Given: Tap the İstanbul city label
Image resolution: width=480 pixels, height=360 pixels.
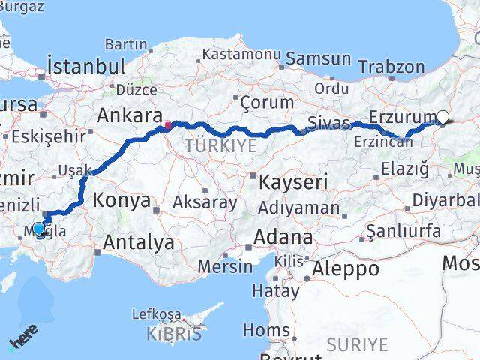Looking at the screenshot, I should (x=85, y=66).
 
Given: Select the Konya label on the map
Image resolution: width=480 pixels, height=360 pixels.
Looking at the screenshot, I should (x=121, y=200).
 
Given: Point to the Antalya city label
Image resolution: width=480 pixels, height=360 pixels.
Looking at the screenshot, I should (x=139, y=242).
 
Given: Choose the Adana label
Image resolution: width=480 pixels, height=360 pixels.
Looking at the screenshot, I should (x=283, y=237).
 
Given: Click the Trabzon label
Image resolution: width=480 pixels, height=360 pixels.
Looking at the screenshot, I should (x=391, y=67).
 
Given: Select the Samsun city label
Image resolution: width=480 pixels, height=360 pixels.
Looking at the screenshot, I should (x=319, y=58).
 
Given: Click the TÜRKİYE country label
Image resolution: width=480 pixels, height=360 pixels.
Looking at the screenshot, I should (x=221, y=145).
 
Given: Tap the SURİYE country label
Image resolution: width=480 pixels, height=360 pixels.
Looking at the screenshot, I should (x=357, y=344).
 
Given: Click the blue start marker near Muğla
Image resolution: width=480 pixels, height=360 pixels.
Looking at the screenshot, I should (x=39, y=229).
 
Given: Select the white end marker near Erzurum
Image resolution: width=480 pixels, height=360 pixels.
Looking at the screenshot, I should (x=442, y=117).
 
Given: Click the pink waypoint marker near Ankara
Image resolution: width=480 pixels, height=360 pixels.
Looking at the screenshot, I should (x=168, y=125).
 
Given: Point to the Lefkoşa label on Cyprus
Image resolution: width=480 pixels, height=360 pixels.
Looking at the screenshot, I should (x=157, y=314).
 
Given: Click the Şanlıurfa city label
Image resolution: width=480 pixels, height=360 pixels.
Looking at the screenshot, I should (x=406, y=231).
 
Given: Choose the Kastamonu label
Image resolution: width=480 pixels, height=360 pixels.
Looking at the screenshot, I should (x=241, y=55).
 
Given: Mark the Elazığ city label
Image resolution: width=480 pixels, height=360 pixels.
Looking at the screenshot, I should (x=405, y=169).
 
